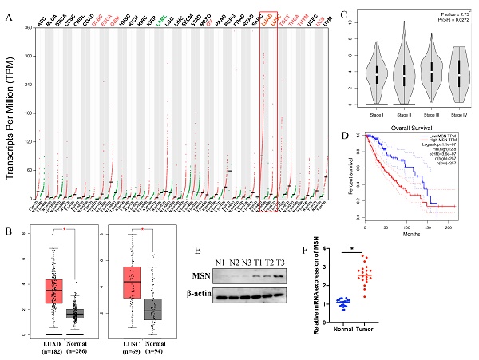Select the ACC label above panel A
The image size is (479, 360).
[x=19, y=19]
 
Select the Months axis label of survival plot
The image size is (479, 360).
[x=410, y=226]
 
